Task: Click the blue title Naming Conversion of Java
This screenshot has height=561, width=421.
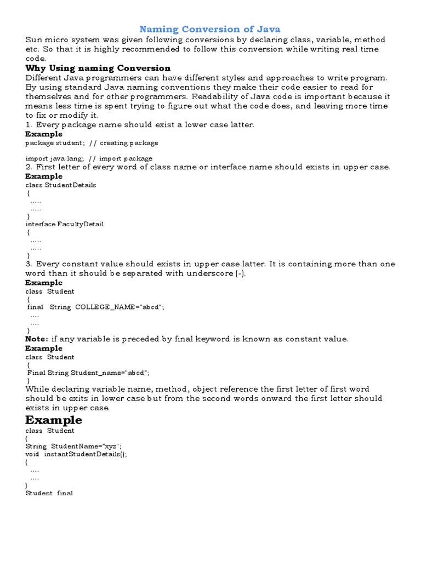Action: [210, 29]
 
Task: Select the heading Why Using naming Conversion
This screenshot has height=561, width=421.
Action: [98, 68]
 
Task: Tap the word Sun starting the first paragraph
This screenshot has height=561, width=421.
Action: [33, 40]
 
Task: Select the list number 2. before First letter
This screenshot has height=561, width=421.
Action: [30, 167]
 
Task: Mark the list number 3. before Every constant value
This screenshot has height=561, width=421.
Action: [30, 264]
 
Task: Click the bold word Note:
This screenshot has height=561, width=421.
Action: [37, 339]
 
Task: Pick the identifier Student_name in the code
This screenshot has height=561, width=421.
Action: [96, 373]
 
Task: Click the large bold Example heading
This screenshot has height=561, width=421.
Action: [54, 420]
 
